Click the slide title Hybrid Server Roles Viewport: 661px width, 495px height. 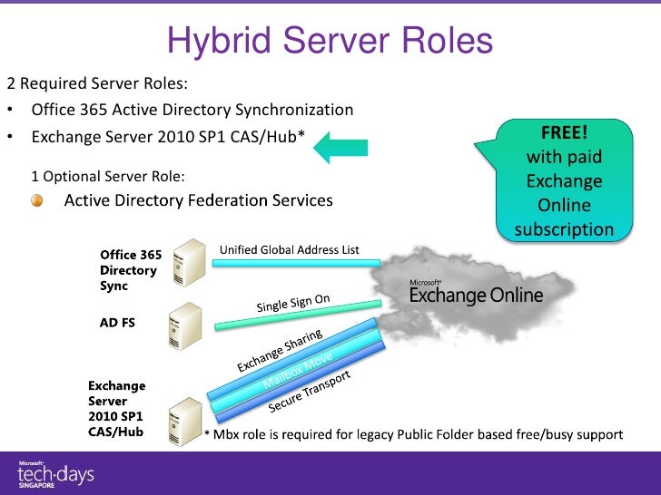tap(330, 40)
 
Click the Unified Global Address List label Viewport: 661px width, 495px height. tap(290, 249)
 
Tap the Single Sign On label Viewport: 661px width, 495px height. tap(292, 303)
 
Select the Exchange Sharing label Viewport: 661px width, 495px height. tap(280, 352)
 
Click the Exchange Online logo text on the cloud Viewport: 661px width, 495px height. tap(476, 295)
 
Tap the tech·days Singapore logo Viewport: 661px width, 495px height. tap(55, 473)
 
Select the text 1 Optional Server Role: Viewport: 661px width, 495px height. tap(108, 175)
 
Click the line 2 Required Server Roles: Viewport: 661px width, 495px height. tap(97, 84)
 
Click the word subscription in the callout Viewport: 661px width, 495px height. tap(564, 229)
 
